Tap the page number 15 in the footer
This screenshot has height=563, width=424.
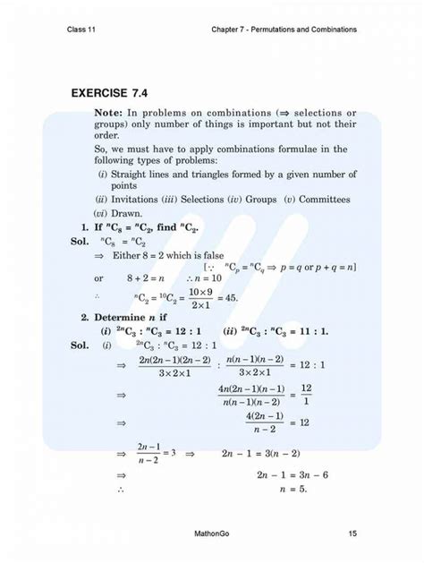pyautogui.click(x=353, y=534)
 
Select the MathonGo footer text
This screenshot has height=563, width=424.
pyautogui.click(x=211, y=534)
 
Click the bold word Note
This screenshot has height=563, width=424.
pyautogui.click(x=107, y=113)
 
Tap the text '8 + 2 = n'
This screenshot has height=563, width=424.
pyautogui.click(x=142, y=278)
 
